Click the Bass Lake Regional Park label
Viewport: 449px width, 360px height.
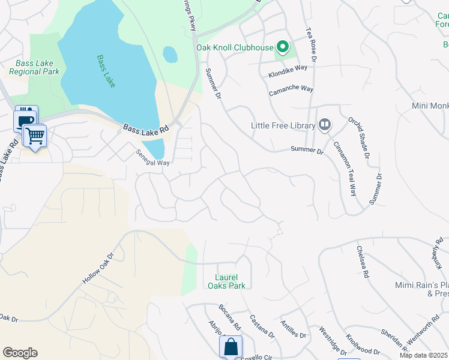(34, 67)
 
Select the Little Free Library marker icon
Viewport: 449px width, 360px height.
(325, 125)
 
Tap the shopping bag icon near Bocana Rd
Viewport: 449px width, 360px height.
(231, 346)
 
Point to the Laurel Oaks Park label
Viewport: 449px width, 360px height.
(231, 281)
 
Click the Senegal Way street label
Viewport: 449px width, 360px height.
(152, 158)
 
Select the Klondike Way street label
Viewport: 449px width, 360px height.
(288, 68)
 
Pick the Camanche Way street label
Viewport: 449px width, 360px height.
(291, 89)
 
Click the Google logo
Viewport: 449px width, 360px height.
(20, 353)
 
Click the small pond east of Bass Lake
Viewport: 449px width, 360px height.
(170, 55)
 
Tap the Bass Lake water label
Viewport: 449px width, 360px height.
(106, 71)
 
